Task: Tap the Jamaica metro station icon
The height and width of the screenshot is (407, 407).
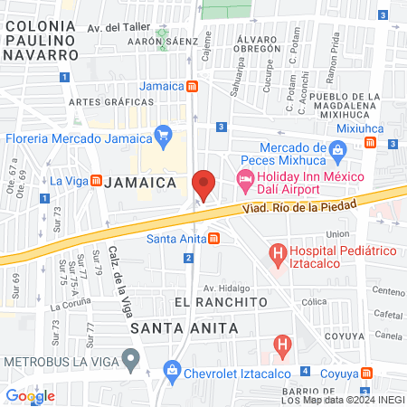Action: point(193,87)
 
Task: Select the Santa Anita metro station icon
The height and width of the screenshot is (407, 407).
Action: point(213,239)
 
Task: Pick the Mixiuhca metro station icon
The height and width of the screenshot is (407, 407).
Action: point(370,143)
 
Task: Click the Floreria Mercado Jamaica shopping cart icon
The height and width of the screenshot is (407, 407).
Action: point(164,137)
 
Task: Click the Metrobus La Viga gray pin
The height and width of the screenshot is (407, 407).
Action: point(132,361)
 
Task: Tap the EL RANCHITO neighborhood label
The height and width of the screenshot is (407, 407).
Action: point(211,300)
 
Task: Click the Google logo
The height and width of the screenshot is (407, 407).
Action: point(30,395)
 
